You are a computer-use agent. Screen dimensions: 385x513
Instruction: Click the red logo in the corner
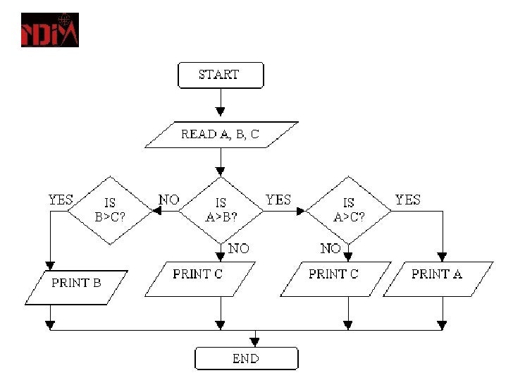pyautogui.click(x=50, y=30)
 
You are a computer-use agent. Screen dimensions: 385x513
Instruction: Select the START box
pyautogui.click(x=221, y=75)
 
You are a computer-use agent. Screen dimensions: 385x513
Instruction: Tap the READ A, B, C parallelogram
pyautogui.click(x=221, y=135)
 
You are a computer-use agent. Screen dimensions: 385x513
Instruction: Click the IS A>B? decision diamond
pyautogui.click(x=221, y=209)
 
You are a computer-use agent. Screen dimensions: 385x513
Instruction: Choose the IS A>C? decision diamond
pyautogui.click(x=349, y=209)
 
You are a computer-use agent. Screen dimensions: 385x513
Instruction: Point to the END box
pyautogui.click(x=246, y=359)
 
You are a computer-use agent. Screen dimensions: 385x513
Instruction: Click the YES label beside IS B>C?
pyautogui.click(x=61, y=200)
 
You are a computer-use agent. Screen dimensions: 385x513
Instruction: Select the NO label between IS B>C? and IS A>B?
pyautogui.click(x=169, y=200)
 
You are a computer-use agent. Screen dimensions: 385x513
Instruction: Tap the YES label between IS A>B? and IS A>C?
pyautogui.click(x=278, y=200)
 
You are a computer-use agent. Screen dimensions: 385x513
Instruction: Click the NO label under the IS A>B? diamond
pyautogui.click(x=239, y=248)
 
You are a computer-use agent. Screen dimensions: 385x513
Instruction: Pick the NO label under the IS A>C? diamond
pyautogui.click(x=330, y=248)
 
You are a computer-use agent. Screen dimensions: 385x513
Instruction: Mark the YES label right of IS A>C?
pyautogui.click(x=408, y=200)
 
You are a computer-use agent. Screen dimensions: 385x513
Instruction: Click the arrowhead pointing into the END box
pyautogui.click(x=255, y=342)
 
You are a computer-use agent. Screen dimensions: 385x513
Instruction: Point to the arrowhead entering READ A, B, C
pyautogui.click(x=221, y=111)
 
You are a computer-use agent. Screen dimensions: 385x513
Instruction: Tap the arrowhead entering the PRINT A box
pyautogui.click(x=442, y=257)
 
